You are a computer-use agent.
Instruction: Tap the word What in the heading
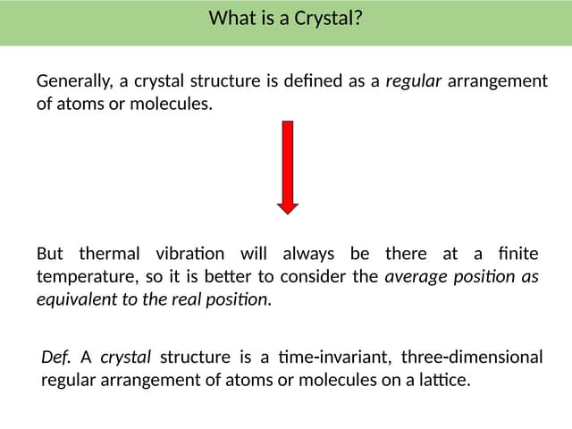pyautogui.click(x=229, y=18)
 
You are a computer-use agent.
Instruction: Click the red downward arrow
pyautogui.click(x=287, y=165)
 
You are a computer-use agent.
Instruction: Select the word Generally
pyautogui.click(x=74, y=82)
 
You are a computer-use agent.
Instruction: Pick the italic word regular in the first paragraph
pyautogui.click(x=413, y=82)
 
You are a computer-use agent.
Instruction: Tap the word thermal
pyautogui.click(x=109, y=254)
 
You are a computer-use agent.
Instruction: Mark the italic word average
pyautogui.click(x=414, y=277)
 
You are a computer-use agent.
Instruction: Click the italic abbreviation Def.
pyautogui.click(x=55, y=357)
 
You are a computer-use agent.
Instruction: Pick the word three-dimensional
pyautogui.click(x=472, y=357)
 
